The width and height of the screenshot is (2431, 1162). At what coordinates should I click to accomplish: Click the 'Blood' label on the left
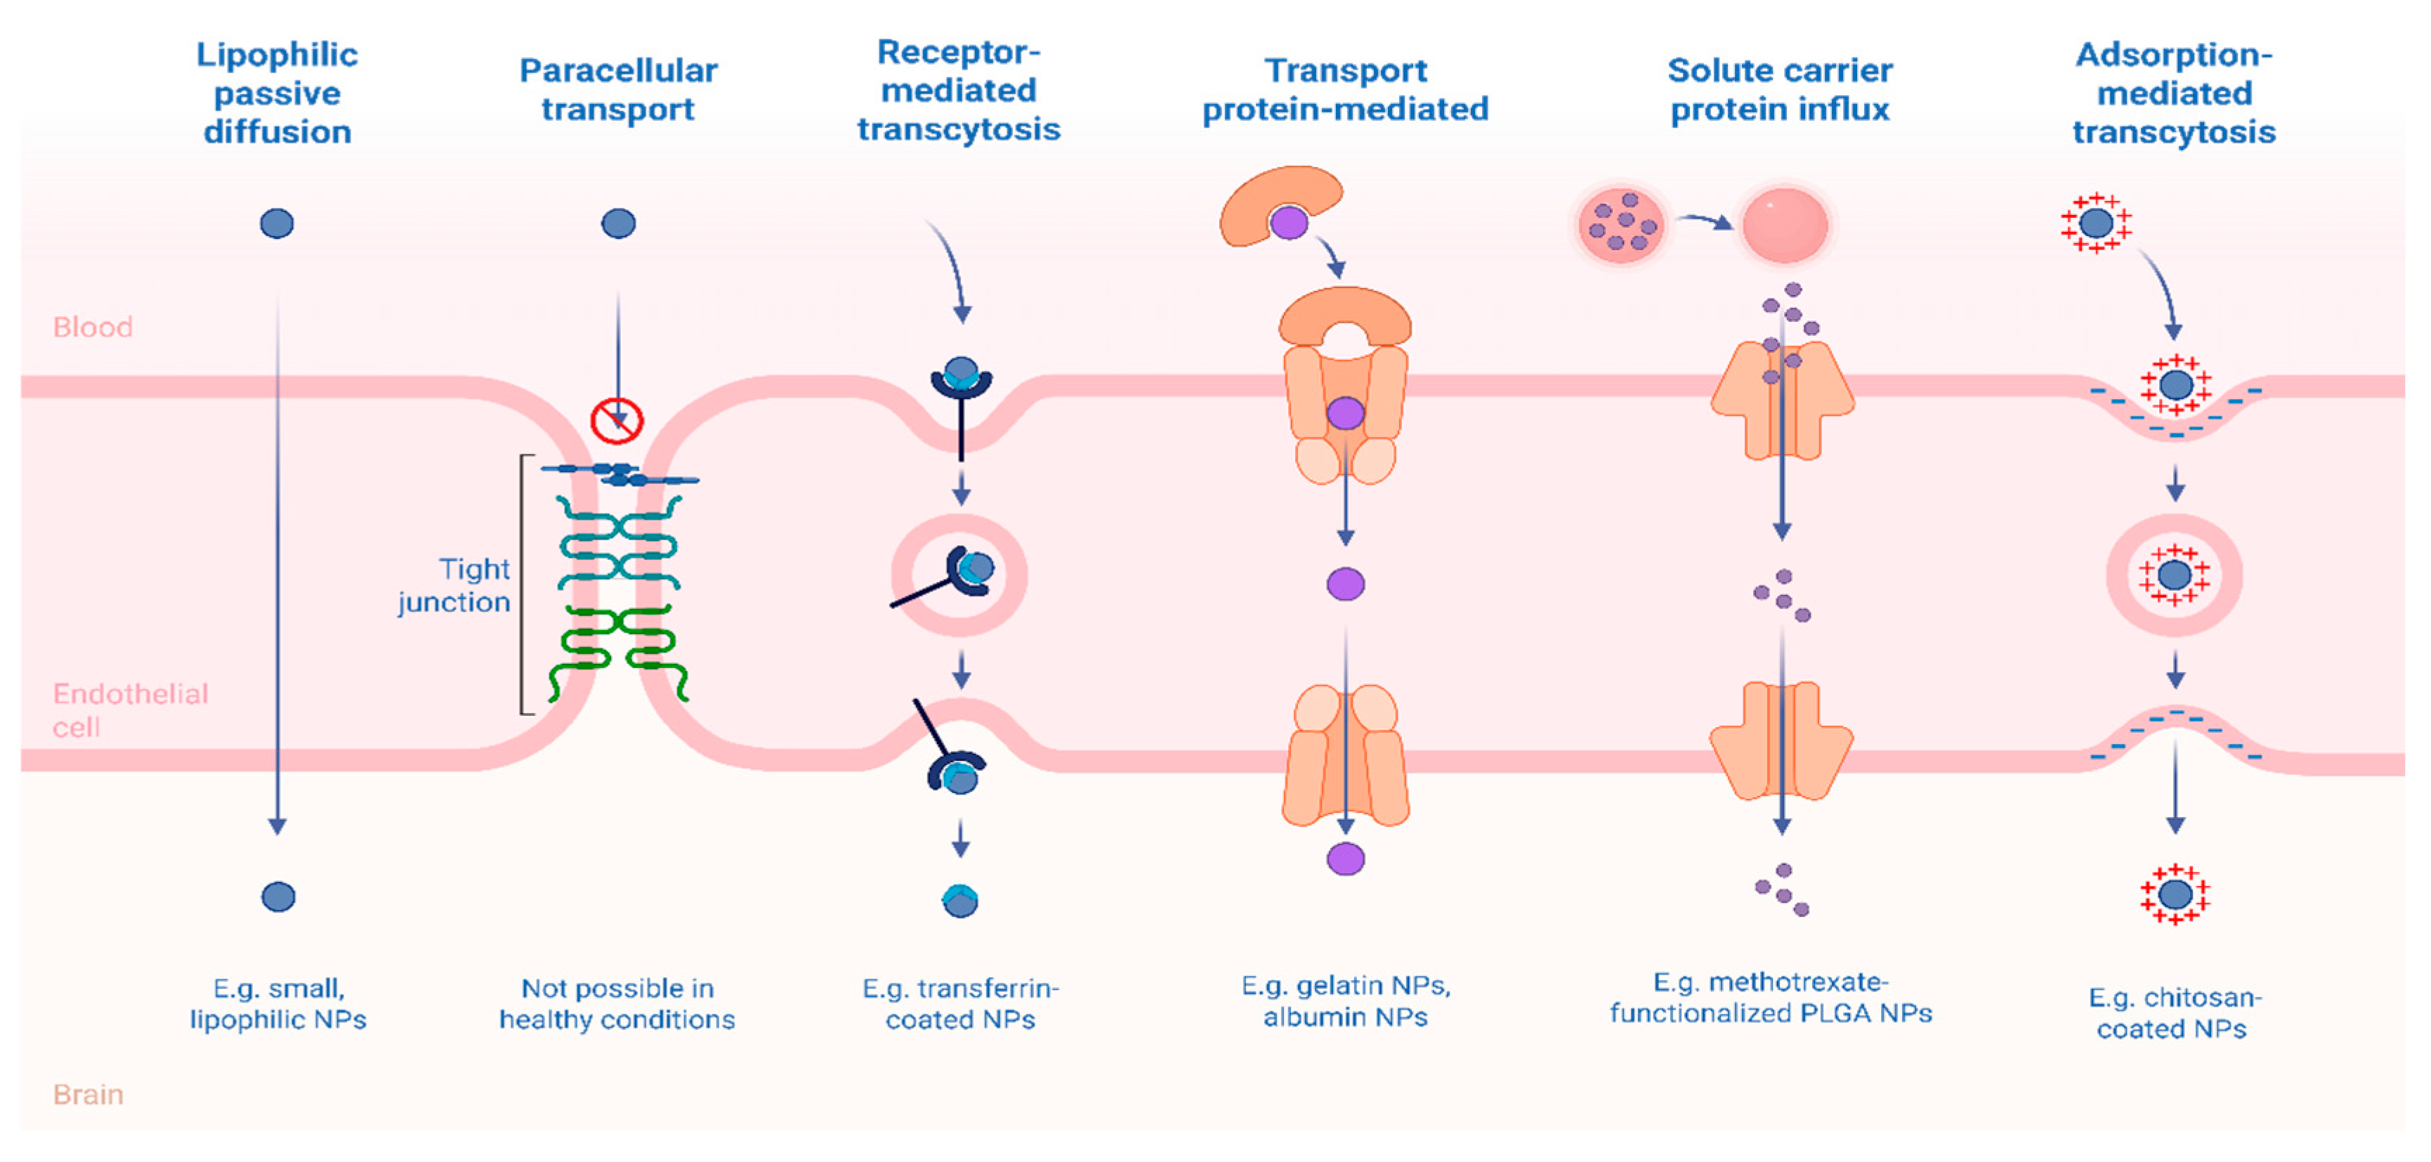(x=93, y=327)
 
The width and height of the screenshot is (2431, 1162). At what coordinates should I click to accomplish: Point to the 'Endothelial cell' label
(x=129, y=710)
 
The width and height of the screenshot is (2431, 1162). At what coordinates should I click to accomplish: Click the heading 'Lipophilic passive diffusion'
(x=277, y=93)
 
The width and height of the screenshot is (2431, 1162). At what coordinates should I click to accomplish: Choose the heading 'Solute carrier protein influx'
(x=1779, y=90)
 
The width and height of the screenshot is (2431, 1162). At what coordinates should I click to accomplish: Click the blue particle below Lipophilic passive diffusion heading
(x=277, y=223)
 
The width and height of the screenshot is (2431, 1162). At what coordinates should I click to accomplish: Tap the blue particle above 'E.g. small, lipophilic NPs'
(x=278, y=896)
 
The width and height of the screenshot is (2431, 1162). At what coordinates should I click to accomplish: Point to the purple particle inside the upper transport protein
(x=1345, y=412)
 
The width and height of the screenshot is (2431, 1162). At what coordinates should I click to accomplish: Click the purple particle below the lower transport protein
(x=1345, y=859)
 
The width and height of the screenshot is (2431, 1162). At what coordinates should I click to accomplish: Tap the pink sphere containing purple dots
(x=1620, y=223)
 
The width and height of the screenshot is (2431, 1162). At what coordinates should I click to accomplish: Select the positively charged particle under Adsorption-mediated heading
(x=2096, y=223)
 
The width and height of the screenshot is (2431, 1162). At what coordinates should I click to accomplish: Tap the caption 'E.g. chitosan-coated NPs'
(x=2173, y=1013)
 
